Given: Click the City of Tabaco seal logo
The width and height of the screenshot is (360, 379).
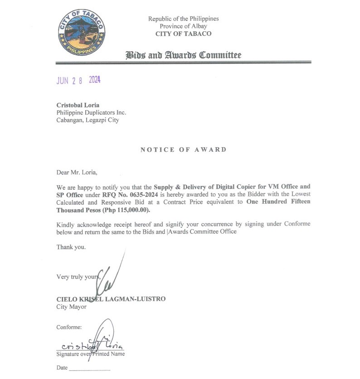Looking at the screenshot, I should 82,32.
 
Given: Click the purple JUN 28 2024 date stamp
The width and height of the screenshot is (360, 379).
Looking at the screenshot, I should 78,81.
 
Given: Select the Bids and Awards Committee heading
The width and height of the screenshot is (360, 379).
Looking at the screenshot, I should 183,55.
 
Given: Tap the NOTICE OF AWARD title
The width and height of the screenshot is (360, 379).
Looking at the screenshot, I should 183,149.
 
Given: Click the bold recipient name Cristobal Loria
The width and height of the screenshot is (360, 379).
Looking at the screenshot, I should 78,105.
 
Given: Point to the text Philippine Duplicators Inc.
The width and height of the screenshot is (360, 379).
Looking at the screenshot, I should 91,112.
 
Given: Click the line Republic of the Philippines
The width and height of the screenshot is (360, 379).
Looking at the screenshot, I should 183,19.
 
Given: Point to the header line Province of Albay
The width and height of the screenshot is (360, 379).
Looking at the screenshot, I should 183,26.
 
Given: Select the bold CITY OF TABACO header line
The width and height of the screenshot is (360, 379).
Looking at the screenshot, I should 183,34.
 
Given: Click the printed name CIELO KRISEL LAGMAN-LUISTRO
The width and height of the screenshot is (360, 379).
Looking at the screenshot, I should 111,299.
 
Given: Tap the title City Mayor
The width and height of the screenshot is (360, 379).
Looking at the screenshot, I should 71,307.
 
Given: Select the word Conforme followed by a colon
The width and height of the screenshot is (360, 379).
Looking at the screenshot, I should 69,327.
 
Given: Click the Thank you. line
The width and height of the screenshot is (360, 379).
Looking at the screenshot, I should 71,247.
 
